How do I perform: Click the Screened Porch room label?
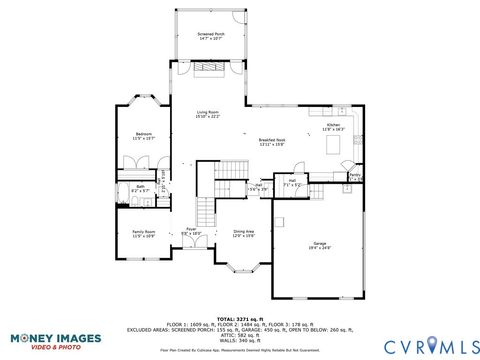coord(211,36)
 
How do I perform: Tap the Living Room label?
coord(207,114)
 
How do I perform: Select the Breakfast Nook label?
coord(272,141)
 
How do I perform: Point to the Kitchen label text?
coord(333,127)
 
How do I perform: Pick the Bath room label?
coord(141,187)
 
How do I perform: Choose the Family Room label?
coord(143,233)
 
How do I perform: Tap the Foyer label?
coord(190,231)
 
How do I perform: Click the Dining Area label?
coord(244,233)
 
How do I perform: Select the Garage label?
coord(320,245)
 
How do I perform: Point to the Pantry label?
coord(355,177)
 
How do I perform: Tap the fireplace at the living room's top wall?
coord(210,69)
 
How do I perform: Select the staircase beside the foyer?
coord(205,211)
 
